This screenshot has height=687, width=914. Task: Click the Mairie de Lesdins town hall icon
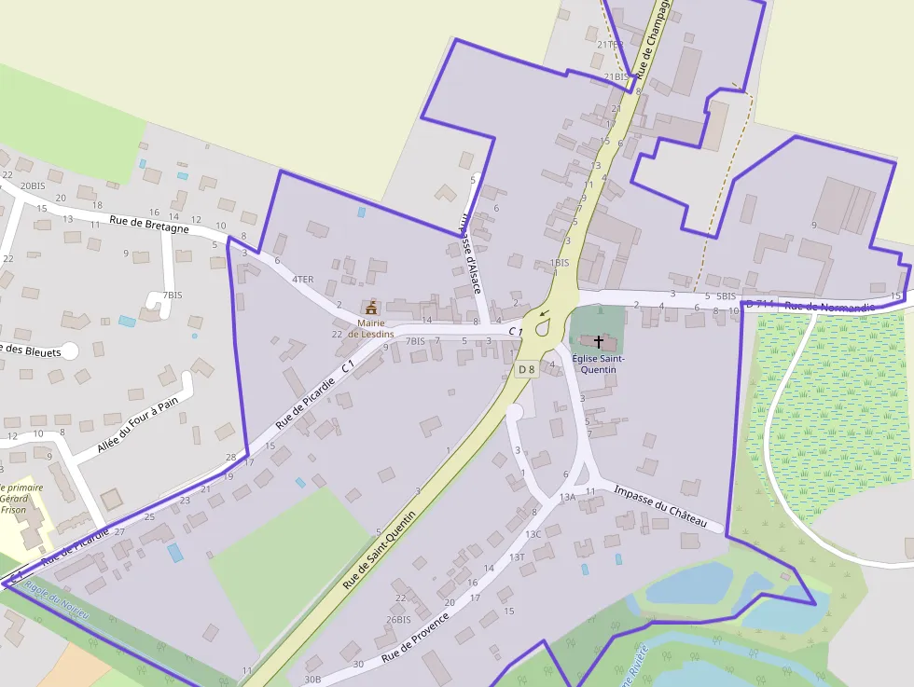371,307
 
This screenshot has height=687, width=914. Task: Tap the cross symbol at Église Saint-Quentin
598,342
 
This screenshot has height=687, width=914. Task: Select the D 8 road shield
526,369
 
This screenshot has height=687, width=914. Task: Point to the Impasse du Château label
669,507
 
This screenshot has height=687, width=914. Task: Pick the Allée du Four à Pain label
137,425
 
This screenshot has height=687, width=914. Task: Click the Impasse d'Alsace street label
470,252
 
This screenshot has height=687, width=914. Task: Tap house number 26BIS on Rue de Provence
398,619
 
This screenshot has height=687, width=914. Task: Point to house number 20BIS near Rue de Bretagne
33,185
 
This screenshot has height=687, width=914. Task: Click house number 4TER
302,279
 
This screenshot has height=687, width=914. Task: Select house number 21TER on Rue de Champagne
610,44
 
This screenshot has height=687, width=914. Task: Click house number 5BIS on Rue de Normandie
727,295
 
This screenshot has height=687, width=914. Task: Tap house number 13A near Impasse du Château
567,498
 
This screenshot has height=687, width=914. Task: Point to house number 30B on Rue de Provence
312,680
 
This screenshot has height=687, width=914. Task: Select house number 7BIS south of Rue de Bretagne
172,295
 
